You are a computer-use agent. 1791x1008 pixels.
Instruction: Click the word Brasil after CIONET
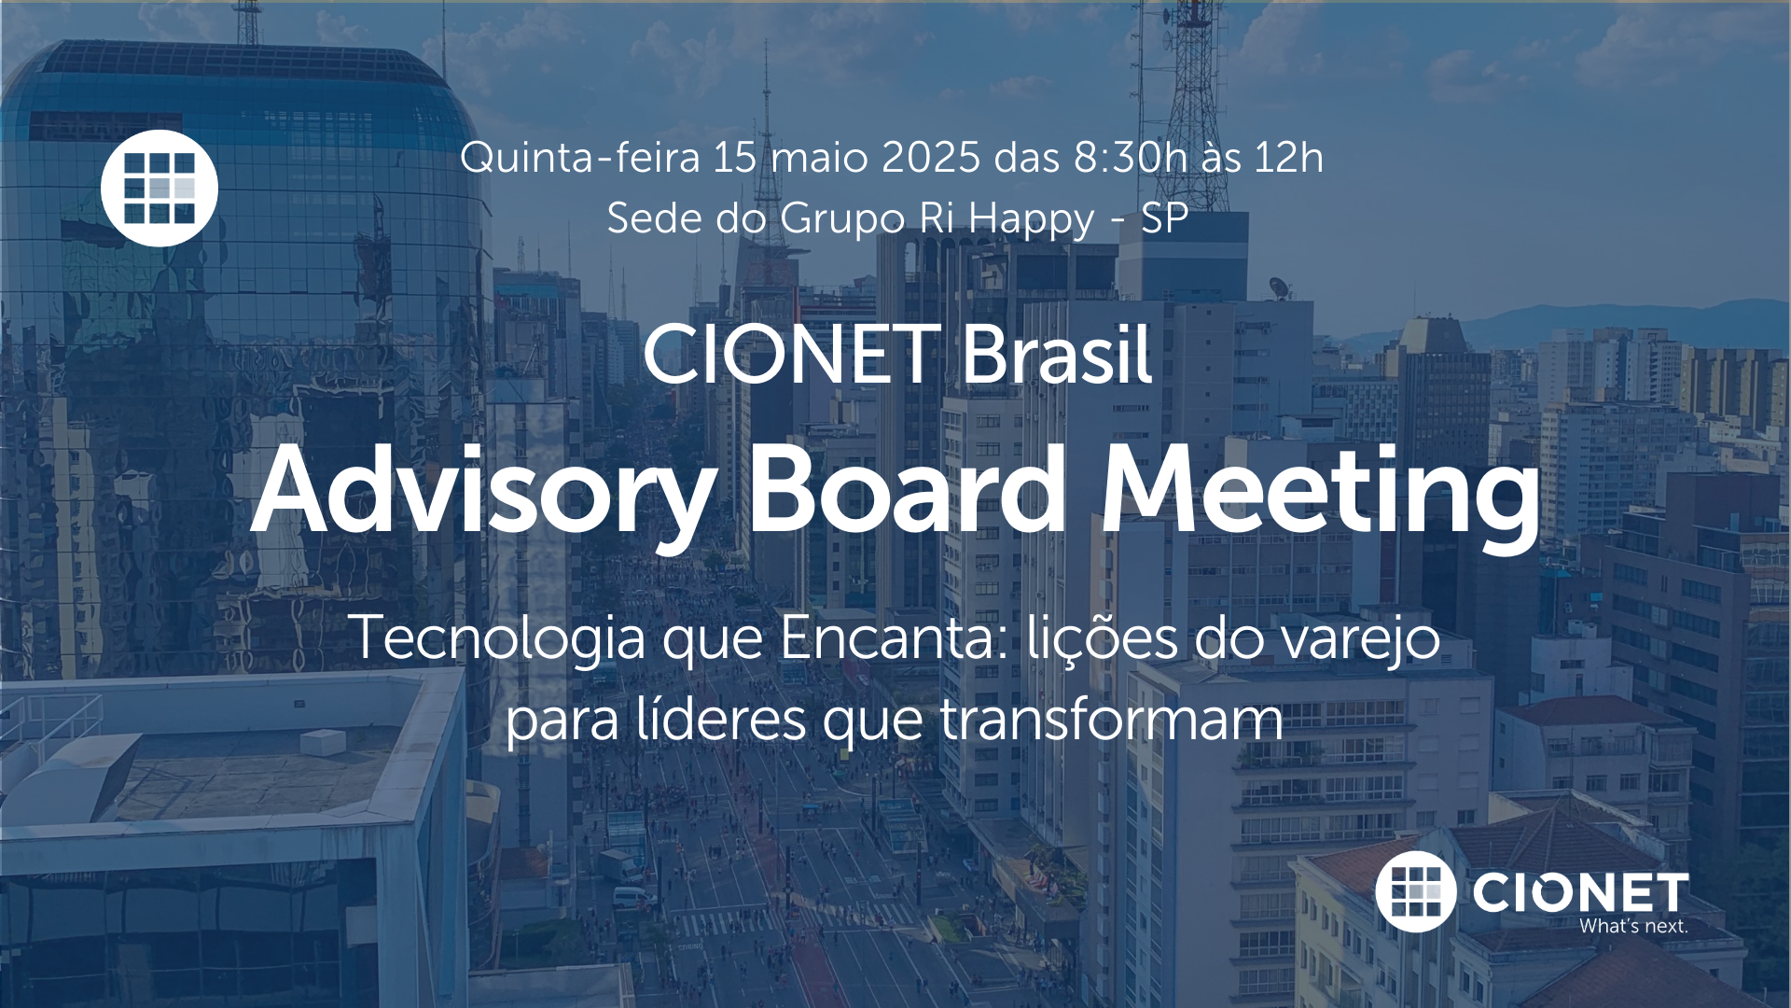point(1057,355)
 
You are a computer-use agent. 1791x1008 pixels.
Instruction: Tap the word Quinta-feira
point(579,158)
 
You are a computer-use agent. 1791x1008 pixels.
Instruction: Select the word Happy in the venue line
point(1032,220)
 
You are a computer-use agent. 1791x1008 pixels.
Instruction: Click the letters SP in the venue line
point(1164,218)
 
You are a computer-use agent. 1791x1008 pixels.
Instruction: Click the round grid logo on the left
point(160,189)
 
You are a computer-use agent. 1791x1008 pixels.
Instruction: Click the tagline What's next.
point(1633,926)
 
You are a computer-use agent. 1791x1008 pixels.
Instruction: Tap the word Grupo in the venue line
point(842,220)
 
